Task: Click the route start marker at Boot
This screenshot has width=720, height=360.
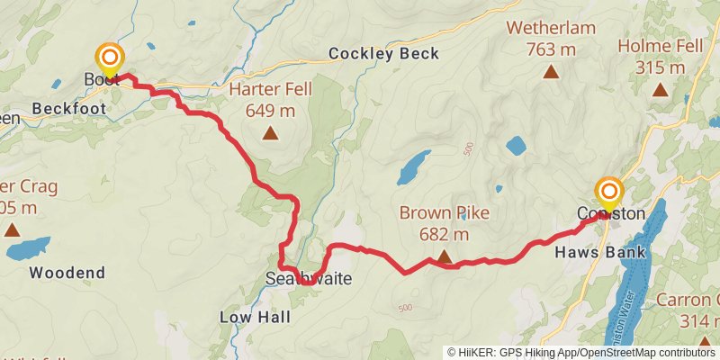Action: click(110, 60)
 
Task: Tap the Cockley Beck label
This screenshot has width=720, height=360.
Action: click(383, 54)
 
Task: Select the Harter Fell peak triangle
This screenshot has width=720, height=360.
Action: click(270, 134)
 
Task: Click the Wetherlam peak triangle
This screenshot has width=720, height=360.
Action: click(552, 72)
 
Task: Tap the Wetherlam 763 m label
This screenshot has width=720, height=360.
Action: click(552, 38)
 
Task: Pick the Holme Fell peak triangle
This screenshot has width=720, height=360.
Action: click(660, 89)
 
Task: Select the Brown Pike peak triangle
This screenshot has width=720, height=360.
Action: click(445, 258)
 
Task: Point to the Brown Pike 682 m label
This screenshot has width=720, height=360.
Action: click(445, 224)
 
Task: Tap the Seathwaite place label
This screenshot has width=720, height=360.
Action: click(308, 280)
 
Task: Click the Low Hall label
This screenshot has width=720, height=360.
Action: click(255, 318)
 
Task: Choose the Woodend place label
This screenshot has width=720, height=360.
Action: click(67, 272)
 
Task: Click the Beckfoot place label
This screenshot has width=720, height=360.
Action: click(68, 108)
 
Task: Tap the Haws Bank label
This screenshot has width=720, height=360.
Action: click(612, 252)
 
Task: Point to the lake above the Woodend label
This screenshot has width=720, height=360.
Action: click(29, 247)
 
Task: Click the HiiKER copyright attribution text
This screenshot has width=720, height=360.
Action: click(580, 353)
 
